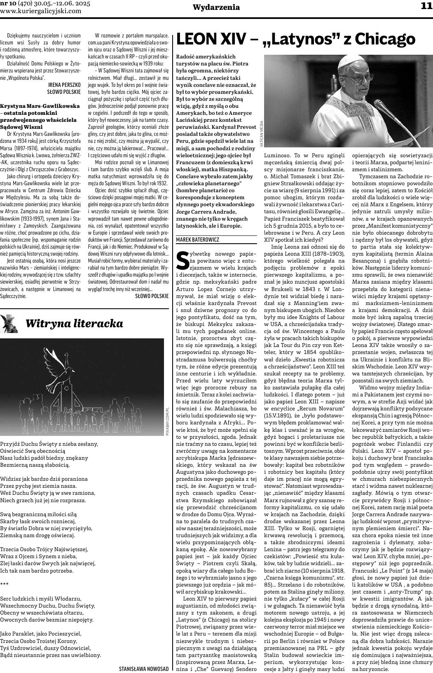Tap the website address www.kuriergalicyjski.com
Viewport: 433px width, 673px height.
coord(41,11)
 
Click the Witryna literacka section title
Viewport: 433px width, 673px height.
coord(74,323)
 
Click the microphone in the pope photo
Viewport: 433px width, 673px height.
coord(381,107)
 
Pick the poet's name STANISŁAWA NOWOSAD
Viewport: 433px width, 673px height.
coord(143,668)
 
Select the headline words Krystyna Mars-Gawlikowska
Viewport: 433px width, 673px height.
coord(40,106)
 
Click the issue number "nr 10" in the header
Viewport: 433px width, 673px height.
coord(9,3)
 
